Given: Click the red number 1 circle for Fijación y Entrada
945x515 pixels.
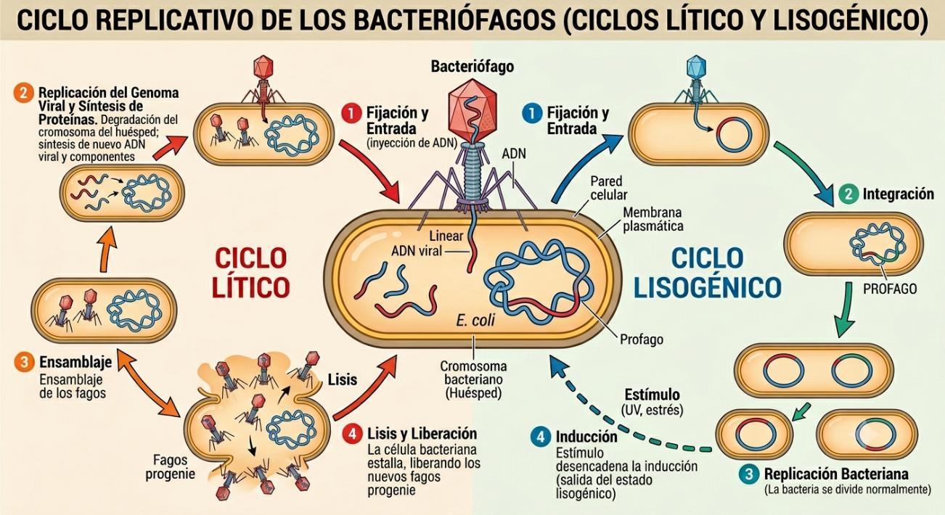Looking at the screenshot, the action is [x=352, y=113].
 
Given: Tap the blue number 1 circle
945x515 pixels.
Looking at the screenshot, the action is [x=533, y=113].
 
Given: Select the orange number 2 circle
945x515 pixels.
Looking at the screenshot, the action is [x=24, y=93].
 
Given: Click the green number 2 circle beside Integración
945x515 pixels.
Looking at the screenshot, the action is [x=848, y=194].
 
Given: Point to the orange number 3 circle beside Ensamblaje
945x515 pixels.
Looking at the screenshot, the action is [x=25, y=362].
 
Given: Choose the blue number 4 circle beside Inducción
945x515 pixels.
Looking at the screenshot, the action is [x=541, y=437].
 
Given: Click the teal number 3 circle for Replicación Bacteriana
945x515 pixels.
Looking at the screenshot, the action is [x=749, y=474].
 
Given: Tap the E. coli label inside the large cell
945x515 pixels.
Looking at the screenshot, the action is [x=475, y=321].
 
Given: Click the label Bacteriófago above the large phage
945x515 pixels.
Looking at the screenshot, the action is [x=472, y=67].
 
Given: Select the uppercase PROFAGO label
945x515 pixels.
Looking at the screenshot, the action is [x=890, y=289].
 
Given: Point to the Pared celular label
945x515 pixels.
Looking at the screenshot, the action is [x=609, y=188].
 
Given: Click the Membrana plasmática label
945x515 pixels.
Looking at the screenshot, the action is [x=653, y=219].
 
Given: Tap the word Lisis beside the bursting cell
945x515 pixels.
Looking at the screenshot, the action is [x=343, y=379].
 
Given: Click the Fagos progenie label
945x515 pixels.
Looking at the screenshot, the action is [x=171, y=466].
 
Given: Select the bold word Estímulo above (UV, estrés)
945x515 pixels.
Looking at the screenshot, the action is [x=652, y=395].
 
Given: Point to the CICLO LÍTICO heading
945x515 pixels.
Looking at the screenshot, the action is [x=251, y=273].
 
